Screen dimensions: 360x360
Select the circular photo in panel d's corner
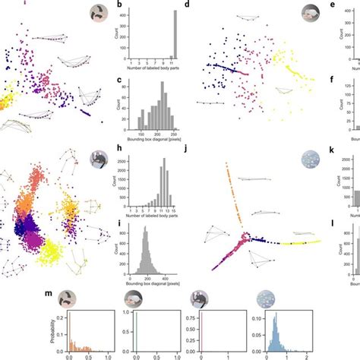coord(311,13)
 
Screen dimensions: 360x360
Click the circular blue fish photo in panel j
coord(311,161)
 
